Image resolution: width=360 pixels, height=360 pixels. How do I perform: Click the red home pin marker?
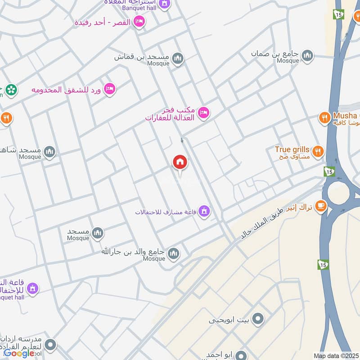(180, 162)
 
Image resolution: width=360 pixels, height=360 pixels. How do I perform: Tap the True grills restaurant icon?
(318, 151)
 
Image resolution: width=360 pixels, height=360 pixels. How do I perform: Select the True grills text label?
(293, 149)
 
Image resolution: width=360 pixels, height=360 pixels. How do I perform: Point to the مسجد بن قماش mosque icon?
(178, 58)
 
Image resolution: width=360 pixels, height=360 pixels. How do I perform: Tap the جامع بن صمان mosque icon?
(307, 55)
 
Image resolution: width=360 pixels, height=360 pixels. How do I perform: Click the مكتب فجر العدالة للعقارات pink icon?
(203, 112)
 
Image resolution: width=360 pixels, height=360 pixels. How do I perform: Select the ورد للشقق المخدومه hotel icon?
(109, 89)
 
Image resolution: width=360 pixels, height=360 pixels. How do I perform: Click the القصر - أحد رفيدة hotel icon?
(140, 21)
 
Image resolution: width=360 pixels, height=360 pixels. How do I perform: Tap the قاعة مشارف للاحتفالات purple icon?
(205, 211)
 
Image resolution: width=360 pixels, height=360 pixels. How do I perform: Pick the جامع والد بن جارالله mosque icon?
(173, 255)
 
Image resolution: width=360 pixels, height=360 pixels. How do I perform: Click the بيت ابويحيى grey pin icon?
(258, 319)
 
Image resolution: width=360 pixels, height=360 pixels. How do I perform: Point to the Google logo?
(18, 353)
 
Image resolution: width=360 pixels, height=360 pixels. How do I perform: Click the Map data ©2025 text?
(335, 355)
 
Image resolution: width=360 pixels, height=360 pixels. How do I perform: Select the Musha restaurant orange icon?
(324, 118)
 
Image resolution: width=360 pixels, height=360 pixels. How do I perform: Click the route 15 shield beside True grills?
(328, 171)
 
